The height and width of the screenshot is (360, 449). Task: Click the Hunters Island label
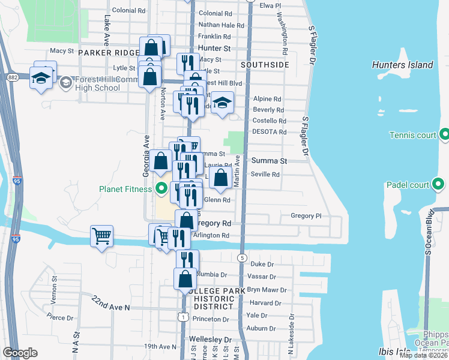(x=402, y=65)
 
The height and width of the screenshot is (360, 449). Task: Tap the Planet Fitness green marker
(x=161, y=190)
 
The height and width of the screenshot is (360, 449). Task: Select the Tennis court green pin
(x=445, y=135)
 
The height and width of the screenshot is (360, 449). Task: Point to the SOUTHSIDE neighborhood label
(x=265, y=64)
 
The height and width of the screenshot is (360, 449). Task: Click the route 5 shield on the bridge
(x=243, y=257)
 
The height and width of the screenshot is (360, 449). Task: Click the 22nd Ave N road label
(x=111, y=302)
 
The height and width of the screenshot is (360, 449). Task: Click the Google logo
(x=20, y=353)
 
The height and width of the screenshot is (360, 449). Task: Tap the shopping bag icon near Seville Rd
(x=221, y=178)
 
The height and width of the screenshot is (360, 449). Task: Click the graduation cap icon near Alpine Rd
(x=222, y=103)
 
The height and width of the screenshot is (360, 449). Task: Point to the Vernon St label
(x=55, y=281)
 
